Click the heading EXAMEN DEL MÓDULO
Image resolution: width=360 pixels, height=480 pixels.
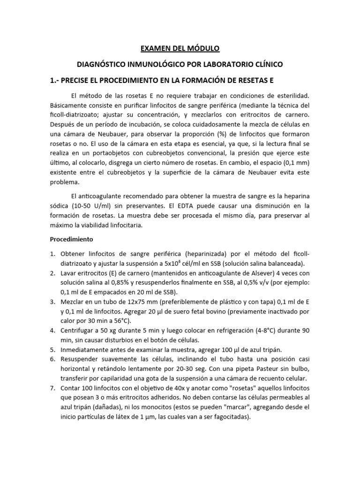point(180,48)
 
